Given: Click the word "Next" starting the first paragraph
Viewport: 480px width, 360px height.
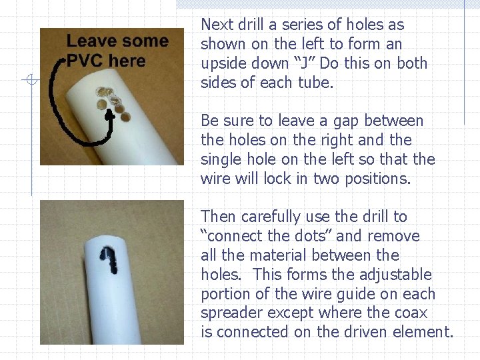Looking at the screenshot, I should coord(215,25).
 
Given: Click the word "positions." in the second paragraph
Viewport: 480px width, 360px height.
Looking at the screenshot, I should coord(379,179).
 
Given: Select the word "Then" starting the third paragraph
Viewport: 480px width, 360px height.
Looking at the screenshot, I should coord(218,217).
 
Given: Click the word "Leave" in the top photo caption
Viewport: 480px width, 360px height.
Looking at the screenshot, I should coord(90,41).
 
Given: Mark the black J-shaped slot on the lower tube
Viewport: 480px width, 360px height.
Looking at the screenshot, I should coord(107,259).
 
